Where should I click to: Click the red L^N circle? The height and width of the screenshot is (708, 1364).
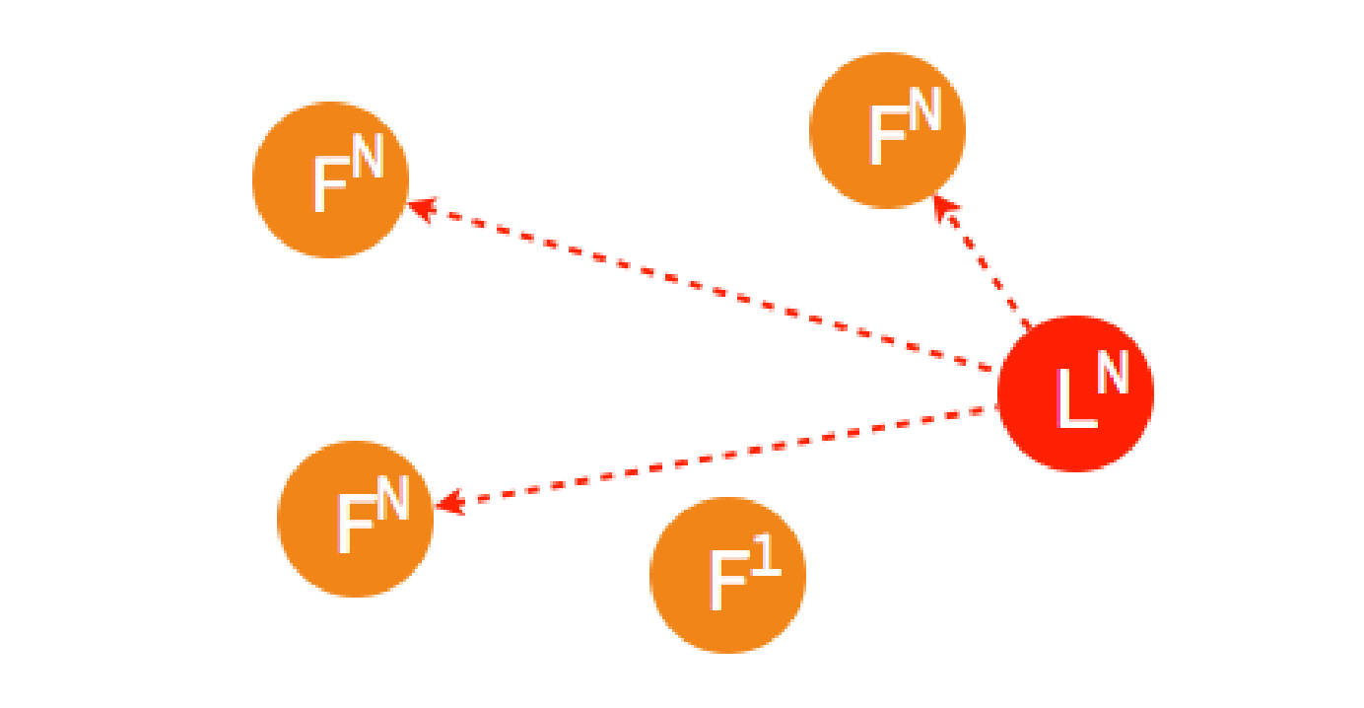pos(1075,393)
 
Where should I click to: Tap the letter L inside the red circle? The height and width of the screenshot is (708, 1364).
pos(1073,400)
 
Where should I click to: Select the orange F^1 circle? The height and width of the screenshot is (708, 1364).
pos(727,575)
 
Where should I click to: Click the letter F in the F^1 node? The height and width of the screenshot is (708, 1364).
pos(727,582)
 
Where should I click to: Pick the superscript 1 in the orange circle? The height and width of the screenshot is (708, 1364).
pos(765,554)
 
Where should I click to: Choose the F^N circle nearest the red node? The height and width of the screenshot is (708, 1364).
pos(887,130)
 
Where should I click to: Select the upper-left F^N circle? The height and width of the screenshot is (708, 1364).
pos(330,179)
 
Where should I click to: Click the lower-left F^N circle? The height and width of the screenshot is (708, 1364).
pos(355,519)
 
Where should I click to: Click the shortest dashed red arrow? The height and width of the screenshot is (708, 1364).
pos(983,263)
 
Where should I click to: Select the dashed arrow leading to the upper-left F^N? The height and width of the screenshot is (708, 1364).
pos(700,288)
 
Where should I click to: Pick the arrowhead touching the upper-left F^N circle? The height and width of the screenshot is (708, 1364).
pos(420,208)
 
